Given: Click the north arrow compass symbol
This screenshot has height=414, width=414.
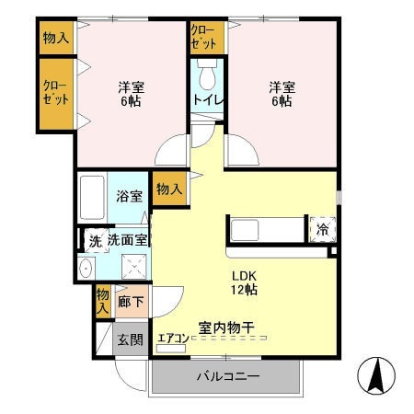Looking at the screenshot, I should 376,377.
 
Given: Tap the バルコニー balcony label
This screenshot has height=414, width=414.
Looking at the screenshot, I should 227,377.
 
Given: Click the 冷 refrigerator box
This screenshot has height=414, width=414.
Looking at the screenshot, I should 323,229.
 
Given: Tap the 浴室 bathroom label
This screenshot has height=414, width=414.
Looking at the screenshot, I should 128,196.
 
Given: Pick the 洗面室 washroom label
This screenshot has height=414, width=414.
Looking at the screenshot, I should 127,240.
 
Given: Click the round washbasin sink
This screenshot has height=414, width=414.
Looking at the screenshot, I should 86,269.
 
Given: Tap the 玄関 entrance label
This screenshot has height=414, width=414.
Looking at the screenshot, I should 130,339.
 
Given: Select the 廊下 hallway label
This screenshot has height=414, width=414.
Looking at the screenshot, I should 130,301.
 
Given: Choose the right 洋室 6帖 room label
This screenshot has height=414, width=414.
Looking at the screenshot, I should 281,95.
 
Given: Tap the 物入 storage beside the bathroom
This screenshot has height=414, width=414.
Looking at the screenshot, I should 167,189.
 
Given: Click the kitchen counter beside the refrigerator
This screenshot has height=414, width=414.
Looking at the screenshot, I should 267,229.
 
